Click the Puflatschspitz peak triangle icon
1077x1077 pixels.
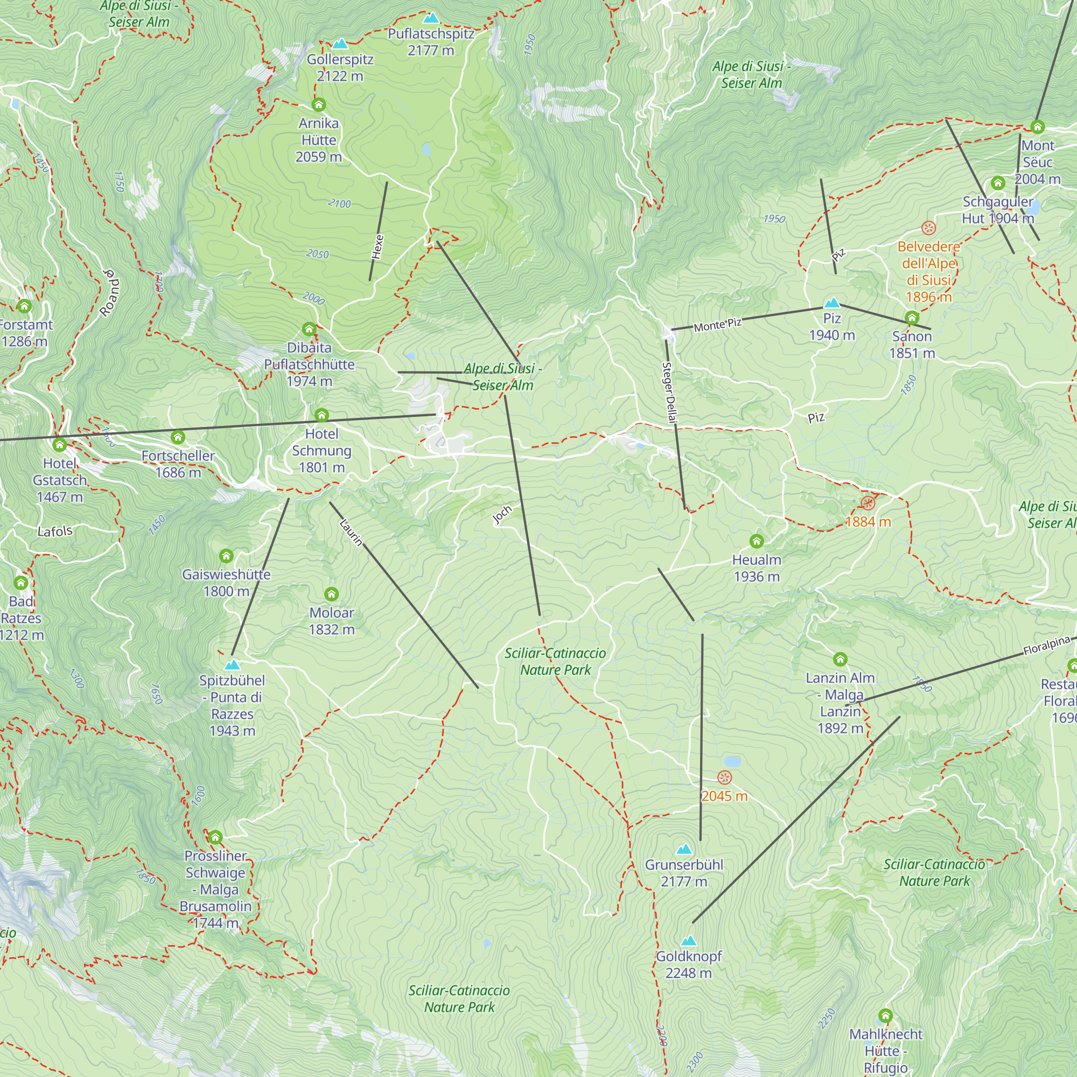coord(430,18)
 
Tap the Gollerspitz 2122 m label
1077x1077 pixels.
coord(340,67)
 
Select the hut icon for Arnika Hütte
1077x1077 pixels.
coord(319,105)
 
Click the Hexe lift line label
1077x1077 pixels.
coord(378,247)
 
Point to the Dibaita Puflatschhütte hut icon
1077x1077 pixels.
coord(310,329)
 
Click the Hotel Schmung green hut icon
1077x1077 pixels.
coord(321,415)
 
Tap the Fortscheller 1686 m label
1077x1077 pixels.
coord(178,464)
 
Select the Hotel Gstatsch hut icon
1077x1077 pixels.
coord(60,445)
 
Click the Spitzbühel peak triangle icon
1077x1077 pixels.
coord(232,665)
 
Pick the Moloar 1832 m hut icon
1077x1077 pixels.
coord(332,595)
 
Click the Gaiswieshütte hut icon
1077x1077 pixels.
coord(226,556)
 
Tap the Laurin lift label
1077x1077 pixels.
coord(351,532)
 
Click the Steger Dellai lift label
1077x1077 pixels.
coord(669,393)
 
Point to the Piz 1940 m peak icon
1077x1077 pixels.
coord(832,303)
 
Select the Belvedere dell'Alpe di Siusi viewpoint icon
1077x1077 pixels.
coord(928,227)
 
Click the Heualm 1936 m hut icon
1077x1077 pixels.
coord(757,541)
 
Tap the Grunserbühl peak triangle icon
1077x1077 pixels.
coord(684,849)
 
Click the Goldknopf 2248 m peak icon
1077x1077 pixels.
coord(689,941)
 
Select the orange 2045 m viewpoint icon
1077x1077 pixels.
coord(724,778)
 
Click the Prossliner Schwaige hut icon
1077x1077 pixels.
coord(216,837)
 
